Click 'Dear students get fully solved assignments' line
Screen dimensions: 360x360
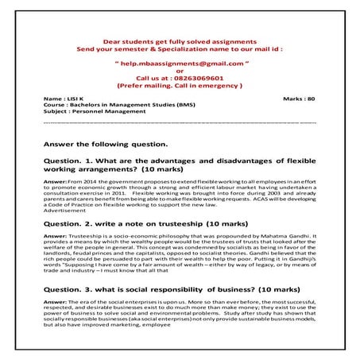180,41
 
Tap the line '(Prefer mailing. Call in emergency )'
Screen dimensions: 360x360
180,85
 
